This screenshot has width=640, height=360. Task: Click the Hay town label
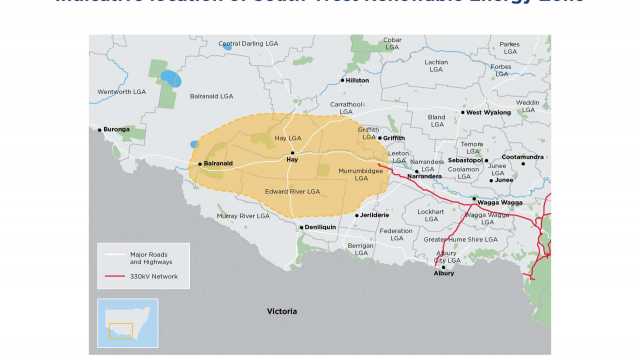coord(292,159)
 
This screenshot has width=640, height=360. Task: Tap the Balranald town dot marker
coord(200,163)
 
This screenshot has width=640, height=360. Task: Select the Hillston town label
coord(357,80)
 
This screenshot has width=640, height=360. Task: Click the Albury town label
coord(444,273)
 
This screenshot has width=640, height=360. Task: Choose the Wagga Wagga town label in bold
coord(500,202)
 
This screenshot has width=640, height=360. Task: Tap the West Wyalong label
coord(488,112)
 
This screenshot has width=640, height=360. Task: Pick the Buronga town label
coord(117,129)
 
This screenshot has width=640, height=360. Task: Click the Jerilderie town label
coord(374,215)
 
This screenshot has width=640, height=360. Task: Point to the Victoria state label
coord(282,312)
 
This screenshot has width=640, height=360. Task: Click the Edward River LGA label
coord(292,191)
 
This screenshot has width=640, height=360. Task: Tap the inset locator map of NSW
coord(127,322)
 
